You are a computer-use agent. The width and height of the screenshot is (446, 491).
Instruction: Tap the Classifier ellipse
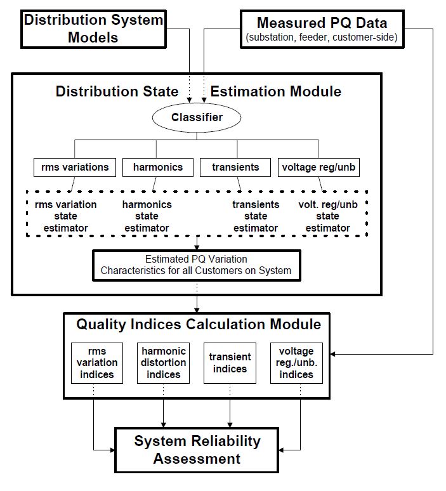(196, 117)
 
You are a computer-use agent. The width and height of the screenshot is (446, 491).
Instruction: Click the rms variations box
(75, 167)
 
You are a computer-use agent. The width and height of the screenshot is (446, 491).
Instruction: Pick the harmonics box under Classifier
(158, 167)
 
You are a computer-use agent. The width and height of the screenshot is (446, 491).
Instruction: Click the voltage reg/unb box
(318, 167)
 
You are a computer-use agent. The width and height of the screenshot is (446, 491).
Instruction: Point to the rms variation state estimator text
(66, 216)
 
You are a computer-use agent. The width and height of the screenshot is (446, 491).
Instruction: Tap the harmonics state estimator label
(147, 216)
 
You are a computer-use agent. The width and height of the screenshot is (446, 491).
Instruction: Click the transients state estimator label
(255, 216)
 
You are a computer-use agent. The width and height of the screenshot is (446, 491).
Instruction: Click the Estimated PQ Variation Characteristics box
(196, 265)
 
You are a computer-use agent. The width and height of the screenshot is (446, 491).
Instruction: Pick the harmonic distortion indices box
(164, 363)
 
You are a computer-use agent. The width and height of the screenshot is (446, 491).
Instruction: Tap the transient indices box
(230, 363)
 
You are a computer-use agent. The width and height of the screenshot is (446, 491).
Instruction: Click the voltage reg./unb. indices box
(296, 363)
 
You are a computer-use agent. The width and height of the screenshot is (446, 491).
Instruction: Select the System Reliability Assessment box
(197, 449)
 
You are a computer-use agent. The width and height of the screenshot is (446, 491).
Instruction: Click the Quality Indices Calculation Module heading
(199, 324)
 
